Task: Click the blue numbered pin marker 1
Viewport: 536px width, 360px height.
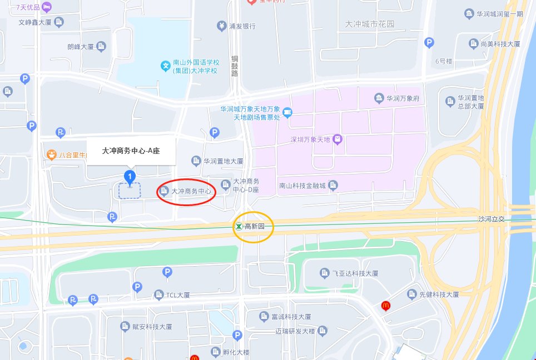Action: pos(130,178)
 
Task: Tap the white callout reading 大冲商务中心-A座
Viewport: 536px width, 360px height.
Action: pos(131,151)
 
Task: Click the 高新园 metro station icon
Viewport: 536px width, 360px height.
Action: pos(238,226)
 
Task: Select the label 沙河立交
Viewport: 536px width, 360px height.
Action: pos(491,219)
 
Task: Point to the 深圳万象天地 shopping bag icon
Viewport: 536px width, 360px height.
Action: pos(337,139)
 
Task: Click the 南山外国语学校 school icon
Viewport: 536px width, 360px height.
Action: pos(166,66)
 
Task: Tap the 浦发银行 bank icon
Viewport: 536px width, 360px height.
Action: pos(222,26)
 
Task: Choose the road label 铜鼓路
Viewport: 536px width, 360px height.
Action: pos(234,66)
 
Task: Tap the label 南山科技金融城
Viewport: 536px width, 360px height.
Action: pos(302,186)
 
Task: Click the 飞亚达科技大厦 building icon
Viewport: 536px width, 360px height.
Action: pos(325,273)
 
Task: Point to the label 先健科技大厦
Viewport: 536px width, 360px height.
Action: pos(439,294)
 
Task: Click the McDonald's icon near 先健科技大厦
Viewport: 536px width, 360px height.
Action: pos(385,305)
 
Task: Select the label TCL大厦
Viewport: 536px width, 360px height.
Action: pos(178,295)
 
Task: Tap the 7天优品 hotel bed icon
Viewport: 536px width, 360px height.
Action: pos(47,7)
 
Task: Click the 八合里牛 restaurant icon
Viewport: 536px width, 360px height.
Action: pos(51,154)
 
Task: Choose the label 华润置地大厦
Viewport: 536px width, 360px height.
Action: pos(223,161)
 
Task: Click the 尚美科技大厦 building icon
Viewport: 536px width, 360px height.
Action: pos(473,43)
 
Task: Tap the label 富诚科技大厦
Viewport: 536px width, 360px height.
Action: pos(291,317)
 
